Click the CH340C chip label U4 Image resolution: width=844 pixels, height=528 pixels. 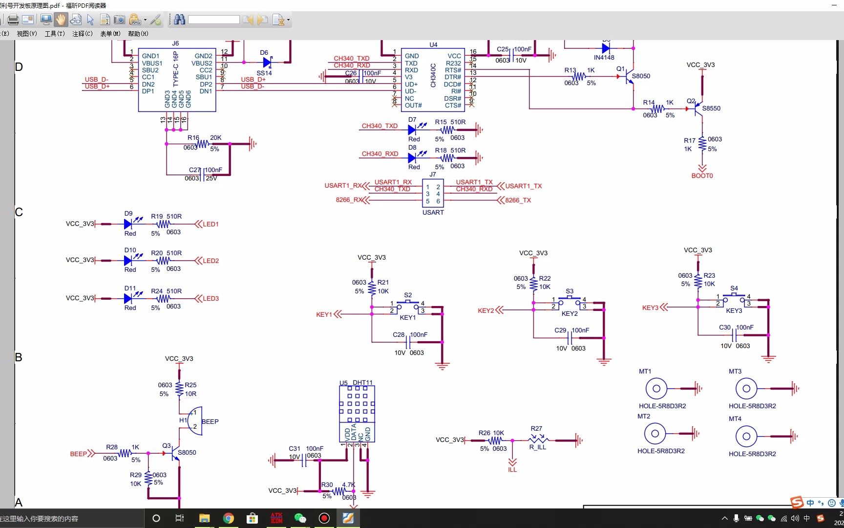(433, 44)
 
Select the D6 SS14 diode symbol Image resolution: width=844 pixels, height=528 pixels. (267, 63)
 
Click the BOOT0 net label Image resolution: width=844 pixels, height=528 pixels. (702, 176)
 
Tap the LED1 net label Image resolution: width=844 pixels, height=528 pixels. (211, 224)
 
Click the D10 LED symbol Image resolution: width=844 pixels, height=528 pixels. (128, 261)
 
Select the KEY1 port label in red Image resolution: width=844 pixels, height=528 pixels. (324, 314)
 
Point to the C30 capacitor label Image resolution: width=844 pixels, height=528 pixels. (725, 328)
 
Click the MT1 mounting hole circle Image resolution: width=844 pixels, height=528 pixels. (656, 389)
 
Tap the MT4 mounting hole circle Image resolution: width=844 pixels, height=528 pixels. (746, 436)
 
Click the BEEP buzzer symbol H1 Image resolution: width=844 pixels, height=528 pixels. (195, 420)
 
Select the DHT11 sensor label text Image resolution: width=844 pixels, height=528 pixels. (362, 383)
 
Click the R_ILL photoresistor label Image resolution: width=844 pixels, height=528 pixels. (537, 447)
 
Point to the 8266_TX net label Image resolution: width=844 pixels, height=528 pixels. (518, 200)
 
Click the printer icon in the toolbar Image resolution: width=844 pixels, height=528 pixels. (13, 20)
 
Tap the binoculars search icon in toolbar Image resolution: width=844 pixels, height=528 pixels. (179, 20)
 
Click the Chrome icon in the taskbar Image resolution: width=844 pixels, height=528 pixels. (229, 518)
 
